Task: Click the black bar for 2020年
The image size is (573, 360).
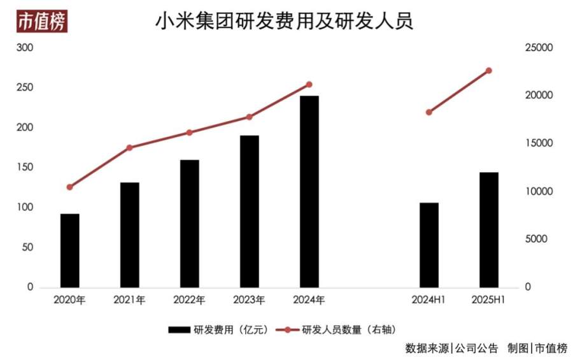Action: (70, 250)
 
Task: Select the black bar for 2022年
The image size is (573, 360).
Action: (190, 224)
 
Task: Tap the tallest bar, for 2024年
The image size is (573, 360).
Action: (309, 192)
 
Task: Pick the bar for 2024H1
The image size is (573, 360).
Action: (429, 245)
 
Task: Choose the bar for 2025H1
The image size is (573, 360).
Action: (489, 229)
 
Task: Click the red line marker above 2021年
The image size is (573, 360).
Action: (130, 148)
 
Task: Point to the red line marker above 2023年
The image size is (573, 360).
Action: (250, 117)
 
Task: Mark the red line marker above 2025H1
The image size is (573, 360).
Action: (489, 70)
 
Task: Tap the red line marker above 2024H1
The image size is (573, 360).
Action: (429, 112)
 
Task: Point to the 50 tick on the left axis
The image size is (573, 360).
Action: (27, 247)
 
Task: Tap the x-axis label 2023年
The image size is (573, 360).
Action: (250, 299)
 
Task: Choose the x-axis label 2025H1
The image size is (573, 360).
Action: (489, 299)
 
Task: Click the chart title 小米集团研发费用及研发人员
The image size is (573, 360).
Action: (285, 21)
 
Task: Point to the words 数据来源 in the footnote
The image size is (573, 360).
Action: (427, 349)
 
